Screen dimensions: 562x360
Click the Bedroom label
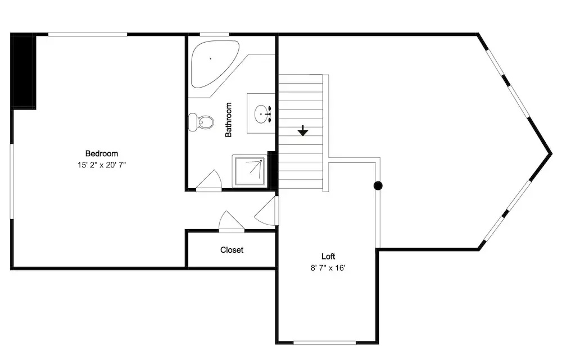(x=101, y=154)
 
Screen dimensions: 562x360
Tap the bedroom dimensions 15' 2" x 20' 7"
(x=102, y=165)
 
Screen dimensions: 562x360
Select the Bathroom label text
(x=228, y=120)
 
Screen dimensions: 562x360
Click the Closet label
(x=232, y=250)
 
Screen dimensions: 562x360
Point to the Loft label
(x=328, y=257)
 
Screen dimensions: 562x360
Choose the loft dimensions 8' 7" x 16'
(x=328, y=268)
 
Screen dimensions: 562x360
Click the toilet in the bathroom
(x=201, y=122)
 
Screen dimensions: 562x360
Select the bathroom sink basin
(x=261, y=114)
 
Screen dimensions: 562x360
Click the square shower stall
(x=250, y=171)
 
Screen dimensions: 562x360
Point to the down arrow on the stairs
(x=303, y=131)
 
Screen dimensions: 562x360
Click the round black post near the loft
(x=378, y=185)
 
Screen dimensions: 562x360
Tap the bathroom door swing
(x=210, y=181)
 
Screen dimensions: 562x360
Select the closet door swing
(x=231, y=222)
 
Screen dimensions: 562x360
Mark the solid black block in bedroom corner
(x=24, y=71)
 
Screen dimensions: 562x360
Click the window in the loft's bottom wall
(x=325, y=343)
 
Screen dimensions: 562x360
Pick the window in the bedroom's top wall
(x=88, y=34)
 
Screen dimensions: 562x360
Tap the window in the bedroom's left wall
(x=12, y=181)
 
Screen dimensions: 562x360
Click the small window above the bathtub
(x=214, y=34)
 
